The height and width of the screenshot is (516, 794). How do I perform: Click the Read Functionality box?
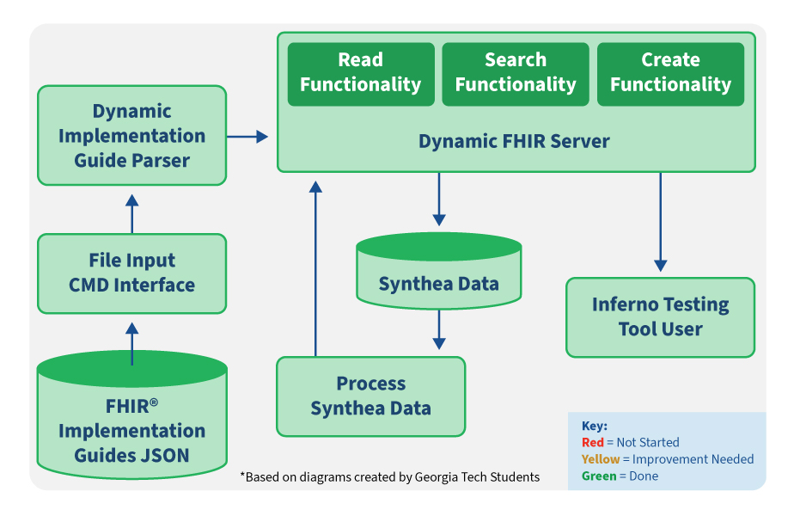click(x=361, y=73)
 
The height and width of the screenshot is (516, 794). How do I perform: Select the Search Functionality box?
click(x=516, y=73)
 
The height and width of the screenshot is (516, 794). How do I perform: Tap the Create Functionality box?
click(x=670, y=73)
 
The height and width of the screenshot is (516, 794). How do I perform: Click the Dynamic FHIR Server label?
click(x=514, y=141)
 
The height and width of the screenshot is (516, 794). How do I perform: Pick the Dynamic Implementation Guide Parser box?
click(x=131, y=135)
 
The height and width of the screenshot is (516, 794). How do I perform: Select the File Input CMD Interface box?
click(x=131, y=273)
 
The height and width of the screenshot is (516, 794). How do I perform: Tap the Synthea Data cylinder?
click(x=438, y=273)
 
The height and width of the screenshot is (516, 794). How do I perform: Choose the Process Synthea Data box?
click(x=370, y=396)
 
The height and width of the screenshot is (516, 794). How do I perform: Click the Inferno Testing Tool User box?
click(x=660, y=316)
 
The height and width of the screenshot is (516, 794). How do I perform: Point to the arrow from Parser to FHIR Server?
click(x=247, y=136)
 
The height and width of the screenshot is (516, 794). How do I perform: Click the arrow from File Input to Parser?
click(x=131, y=213)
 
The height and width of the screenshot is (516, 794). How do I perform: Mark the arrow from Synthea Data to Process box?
click(x=439, y=329)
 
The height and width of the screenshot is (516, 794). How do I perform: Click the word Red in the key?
click(x=593, y=442)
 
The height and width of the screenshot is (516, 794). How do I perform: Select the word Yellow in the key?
click(x=601, y=459)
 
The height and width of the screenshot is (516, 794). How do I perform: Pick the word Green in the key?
click(x=599, y=476)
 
